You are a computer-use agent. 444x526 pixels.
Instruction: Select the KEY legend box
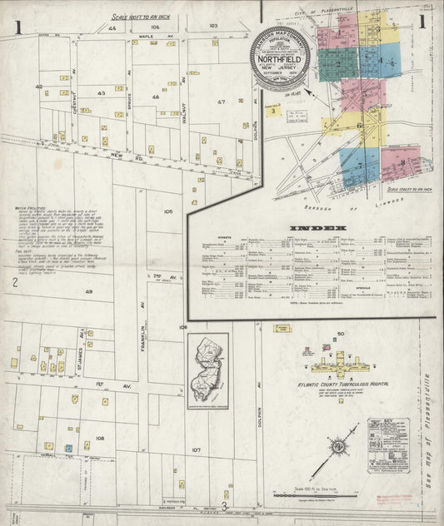(x=388, y=445)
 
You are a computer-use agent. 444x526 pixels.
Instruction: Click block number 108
(x=101, y=437)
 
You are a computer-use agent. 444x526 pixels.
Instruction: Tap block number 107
(x=197, y=449)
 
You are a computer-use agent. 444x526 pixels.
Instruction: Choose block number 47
(x=222, y=101)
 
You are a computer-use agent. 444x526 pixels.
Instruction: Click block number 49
(x=89, y=292)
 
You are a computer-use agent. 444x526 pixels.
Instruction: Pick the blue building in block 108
(x=69, y=447)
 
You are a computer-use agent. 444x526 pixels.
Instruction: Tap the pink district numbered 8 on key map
(x=403, y=163)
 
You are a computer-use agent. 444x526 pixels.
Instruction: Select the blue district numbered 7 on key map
(x=361, y=166)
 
